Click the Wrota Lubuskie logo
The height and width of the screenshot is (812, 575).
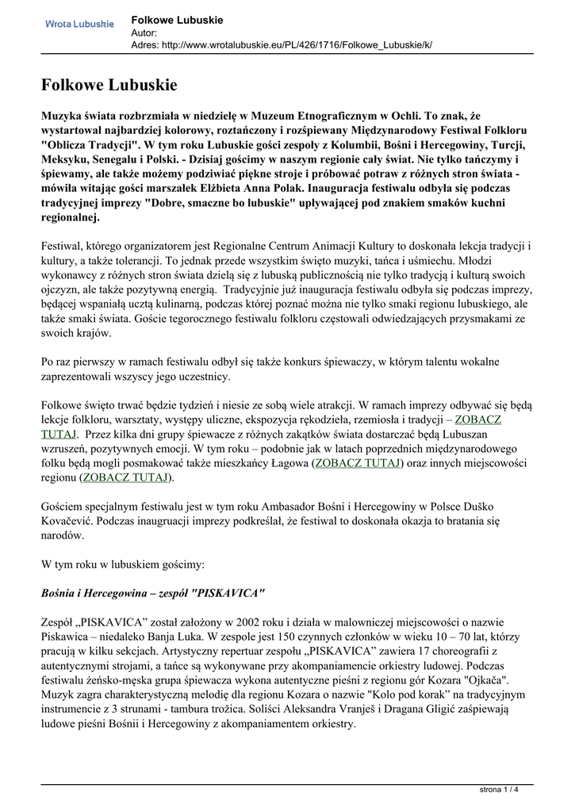click(x=79, y=25)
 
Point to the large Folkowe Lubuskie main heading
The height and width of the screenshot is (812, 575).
click(x=109, y=84)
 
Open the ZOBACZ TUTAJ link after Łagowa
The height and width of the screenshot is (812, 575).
click(x=358, y=462)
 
